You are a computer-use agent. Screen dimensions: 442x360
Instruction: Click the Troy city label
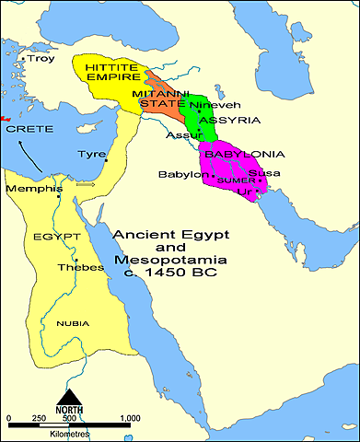click(x=41, y=59)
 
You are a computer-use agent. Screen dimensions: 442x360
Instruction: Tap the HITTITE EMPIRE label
click(x=111, y=74)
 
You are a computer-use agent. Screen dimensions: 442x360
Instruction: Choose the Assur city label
click(x=179, y=135)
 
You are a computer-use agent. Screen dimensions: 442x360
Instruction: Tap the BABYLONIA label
click(x=244, y=154)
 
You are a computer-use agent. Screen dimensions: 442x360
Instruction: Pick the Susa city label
click(x=264, y=173)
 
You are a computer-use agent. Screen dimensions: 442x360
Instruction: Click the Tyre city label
click(x=91, y=154)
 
